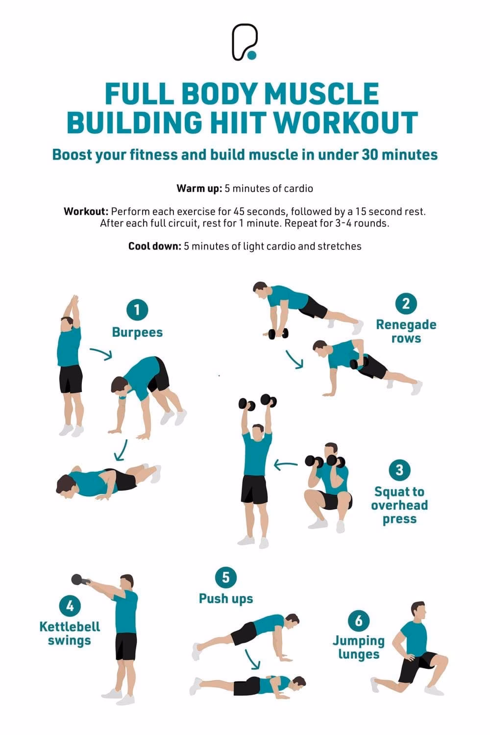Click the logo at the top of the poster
[245, 42]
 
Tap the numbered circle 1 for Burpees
[137, 310]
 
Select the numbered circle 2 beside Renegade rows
[406, 304]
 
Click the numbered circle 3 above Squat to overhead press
[399, 470]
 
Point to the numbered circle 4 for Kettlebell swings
[70, 606]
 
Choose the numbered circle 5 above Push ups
[225, 577]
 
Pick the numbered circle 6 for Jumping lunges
[359, 621]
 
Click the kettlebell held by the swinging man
[79, 579]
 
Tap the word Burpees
[137, 332]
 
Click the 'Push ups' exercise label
[226, 598]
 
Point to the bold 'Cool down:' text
[155, 246]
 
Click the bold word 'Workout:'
[86, 212]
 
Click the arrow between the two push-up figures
[253, 659]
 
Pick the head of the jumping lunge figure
[418, 611]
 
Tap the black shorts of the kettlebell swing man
[126, 646]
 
